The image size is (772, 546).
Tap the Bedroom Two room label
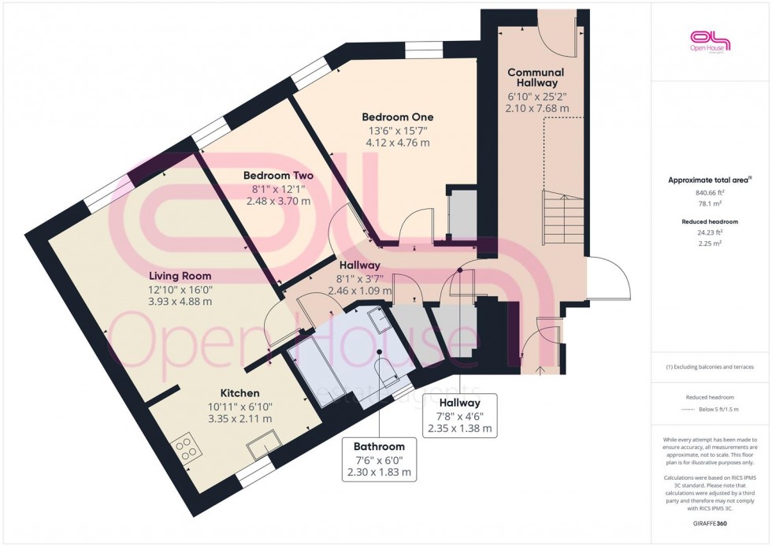click(x=278, y=176)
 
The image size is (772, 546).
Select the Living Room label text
click(x=180, y=276)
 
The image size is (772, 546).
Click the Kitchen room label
click(x=239, y=392)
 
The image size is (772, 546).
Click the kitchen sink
click(x=262, y=446)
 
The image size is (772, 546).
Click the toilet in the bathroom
click(x=388, y=373)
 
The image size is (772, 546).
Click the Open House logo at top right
click(x=710, y=41)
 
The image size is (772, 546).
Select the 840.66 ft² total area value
click(x=710, y=192)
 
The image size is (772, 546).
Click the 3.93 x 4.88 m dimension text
click(x=180, y=301)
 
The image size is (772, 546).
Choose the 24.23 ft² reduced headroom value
click(x=710, y=232)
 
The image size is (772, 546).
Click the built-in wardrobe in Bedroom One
click(x=462, y=214)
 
